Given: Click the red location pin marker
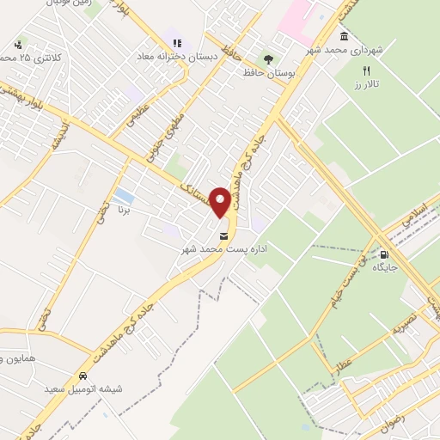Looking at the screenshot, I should (222, 203).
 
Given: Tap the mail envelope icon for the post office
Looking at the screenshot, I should (224, 236).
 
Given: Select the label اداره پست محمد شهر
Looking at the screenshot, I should (215, 249).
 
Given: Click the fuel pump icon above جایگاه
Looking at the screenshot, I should (383, 254).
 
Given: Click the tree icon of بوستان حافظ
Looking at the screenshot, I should (269, 58).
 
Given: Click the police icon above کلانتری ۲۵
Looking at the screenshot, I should (17, 44).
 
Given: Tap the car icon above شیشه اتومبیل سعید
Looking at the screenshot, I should (82, 376).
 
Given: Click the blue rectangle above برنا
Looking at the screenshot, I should (124, 195).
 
